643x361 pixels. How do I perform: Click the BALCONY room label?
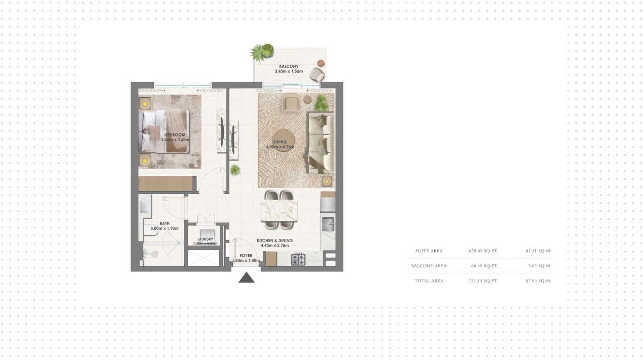[x=288, y=66]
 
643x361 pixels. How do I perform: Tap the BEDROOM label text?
[x=175, y=135]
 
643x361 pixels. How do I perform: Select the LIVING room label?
[x=280, y=142]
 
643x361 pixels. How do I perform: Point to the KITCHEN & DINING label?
[x=275, y=241]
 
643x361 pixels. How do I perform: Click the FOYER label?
[x=246, y=256]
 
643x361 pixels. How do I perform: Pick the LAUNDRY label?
[x=205, y=239]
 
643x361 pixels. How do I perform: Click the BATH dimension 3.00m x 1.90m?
[x=165, y=229]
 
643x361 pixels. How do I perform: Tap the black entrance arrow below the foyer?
[x=246, y=278]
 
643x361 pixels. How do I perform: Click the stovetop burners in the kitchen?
[x=298, y=259]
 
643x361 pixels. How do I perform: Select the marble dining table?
[x=279, y=210]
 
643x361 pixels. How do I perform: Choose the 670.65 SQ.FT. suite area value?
[x=483, y=251]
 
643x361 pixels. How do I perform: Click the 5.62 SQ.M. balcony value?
[x=540, y=266]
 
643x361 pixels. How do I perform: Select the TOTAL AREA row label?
[x=429, y=281]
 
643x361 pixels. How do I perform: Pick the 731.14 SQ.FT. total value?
[x=483, y=281]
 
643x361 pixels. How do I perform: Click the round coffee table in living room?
[x=282, y=140]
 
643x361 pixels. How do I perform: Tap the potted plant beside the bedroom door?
[x=235, y=170]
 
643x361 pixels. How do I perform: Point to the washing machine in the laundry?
[x=207, y=234]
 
